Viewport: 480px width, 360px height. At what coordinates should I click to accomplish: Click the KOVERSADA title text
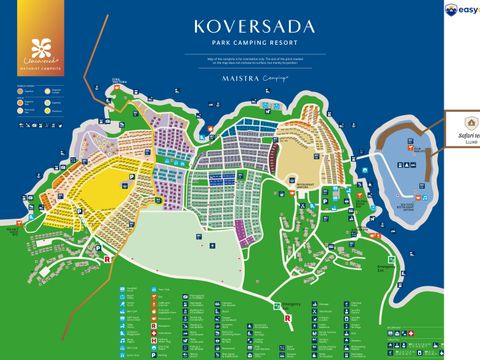click(243, 26)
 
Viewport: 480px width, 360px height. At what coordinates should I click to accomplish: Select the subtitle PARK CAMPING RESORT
click(243, 43)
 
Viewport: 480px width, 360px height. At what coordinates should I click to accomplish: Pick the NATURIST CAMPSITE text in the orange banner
click(40, 68)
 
